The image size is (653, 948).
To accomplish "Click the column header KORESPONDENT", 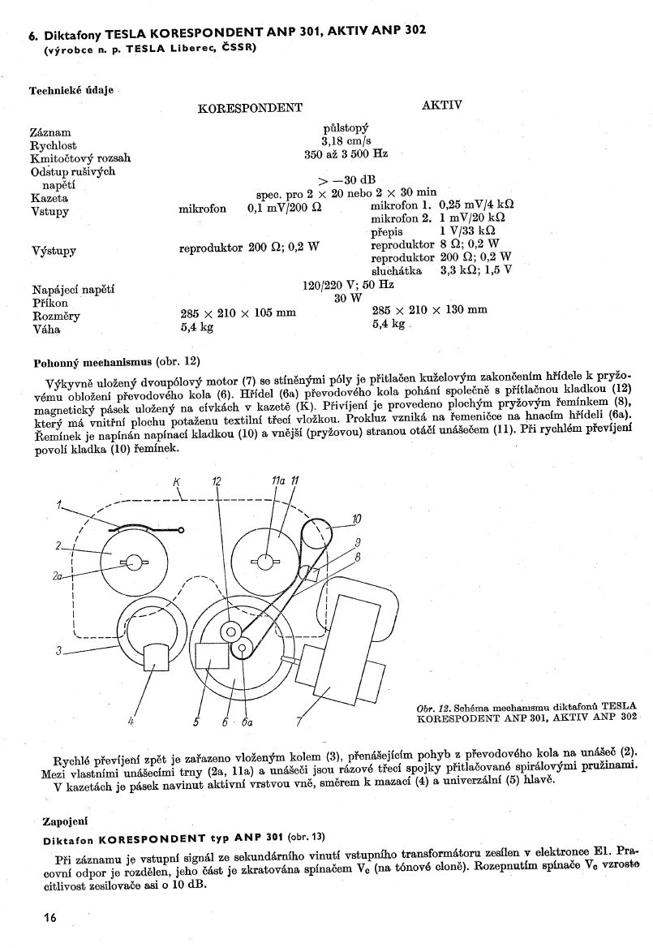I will (x=250, y=108).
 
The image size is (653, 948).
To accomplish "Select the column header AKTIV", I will (x=441, y=106).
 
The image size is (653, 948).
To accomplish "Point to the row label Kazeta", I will (x=49, y=197).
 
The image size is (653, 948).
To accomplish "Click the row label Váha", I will (x=46, y=330).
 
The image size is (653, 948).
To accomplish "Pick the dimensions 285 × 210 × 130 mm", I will (x=429, y=309).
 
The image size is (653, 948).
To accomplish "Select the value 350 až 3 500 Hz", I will (x=346, y=153).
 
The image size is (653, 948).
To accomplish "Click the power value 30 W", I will (x=347, y=298).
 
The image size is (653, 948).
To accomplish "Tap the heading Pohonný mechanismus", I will (x=91, y=360).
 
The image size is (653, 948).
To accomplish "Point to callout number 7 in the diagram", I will (x=299, y=722).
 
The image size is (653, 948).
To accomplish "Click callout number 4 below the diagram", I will (x=131, y=720).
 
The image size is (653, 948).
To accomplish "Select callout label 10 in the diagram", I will (x=355, y=519).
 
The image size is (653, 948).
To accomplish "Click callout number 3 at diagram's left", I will (x=59, y=649).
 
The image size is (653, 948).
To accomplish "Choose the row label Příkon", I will (x=48, y=302).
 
